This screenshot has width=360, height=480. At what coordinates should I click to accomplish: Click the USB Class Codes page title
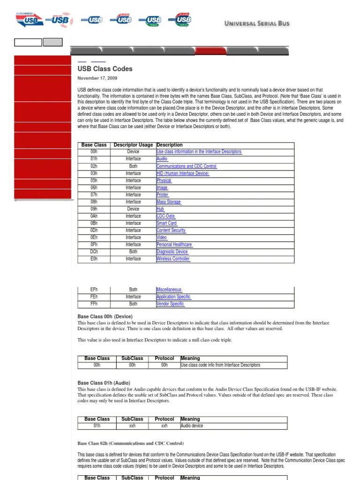[105, 69]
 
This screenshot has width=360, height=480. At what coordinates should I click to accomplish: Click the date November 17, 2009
[97, 78]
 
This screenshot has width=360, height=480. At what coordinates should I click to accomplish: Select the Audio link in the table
[162, 159]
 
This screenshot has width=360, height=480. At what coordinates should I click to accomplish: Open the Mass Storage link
[168, 202]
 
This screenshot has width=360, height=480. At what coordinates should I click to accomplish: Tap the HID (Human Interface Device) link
[182, 173]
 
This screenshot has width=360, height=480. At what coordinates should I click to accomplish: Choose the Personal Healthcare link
[174, 245]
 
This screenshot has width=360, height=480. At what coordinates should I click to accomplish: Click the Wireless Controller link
[173, 259]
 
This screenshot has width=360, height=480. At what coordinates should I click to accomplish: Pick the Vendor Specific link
[170, 304]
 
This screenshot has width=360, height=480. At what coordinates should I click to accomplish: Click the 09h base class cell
[94, 209]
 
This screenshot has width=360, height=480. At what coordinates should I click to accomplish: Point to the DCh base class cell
[94, 252]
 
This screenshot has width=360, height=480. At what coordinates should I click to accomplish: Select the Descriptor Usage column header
[133, 145]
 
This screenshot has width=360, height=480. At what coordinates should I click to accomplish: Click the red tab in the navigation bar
[210, 51]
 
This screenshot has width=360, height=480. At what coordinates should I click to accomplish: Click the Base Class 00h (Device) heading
[105, 317]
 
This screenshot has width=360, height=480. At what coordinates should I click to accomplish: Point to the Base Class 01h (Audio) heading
[104, 383]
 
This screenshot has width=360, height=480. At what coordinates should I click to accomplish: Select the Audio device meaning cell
[192, 426]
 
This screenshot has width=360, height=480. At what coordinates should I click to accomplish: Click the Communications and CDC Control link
[186, 166]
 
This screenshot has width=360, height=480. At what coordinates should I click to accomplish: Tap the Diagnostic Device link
[172, 252]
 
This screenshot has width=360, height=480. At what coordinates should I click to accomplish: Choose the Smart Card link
[166, 223]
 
